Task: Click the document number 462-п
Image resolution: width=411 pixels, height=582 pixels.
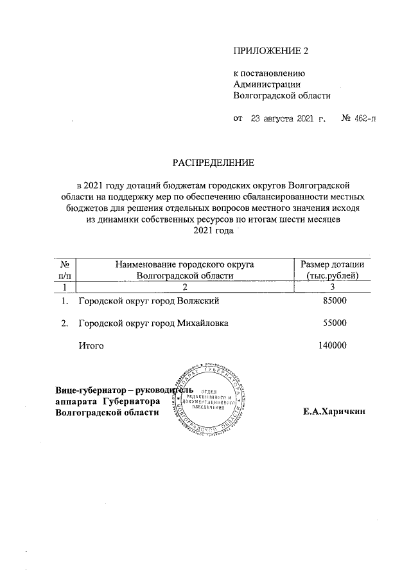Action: tap(359, 119)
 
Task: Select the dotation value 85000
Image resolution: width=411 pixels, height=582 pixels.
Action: tap(333, 301)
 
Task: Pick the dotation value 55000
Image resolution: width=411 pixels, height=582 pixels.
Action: tap(333, 323)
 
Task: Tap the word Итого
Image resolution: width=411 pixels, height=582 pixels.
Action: tap(91, 346)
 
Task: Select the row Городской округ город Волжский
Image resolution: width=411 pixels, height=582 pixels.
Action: tap(149, 301)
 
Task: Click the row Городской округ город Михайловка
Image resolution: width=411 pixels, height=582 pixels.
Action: tap(153, 323)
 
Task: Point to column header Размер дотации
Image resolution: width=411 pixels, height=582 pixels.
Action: tap(332, 264)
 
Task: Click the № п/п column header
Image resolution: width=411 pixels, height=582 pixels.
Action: tap(64, 270)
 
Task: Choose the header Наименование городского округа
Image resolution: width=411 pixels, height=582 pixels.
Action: tap(184, 264)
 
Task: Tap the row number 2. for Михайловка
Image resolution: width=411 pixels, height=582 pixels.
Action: tap(64, 323)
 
